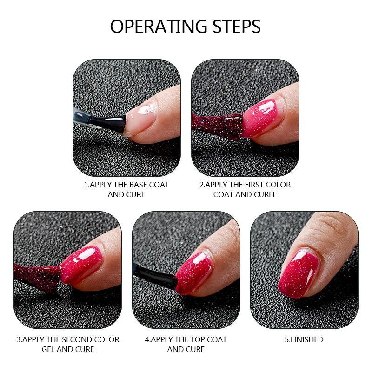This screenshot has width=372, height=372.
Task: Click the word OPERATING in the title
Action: (159, 26)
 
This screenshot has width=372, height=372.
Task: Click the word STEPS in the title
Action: (237, 26)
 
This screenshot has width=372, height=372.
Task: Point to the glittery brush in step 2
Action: (217, 126)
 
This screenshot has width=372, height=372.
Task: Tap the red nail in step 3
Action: (80, 264)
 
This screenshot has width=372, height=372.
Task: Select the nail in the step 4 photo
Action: (193, 273)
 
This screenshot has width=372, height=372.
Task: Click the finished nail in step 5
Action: (299, 274)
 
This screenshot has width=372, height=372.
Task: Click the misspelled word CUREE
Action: (265, 194)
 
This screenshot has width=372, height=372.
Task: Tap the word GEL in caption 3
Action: (48, 350)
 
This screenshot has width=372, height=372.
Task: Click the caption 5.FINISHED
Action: (304, 340)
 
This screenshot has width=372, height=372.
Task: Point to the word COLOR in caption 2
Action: (278, 185)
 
